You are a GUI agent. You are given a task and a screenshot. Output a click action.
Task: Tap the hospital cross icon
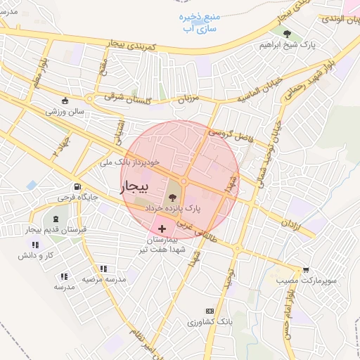point(163,228)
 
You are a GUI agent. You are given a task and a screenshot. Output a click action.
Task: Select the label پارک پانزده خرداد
point(173,209)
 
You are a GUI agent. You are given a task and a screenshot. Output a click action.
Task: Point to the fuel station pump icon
point(75,187)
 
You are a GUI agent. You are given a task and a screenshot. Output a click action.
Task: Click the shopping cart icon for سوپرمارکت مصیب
point(305,269)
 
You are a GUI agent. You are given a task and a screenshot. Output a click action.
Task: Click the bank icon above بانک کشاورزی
point(209,311)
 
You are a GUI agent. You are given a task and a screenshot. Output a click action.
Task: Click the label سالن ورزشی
point(65,111)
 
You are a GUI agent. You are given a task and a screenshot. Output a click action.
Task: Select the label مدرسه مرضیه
point(104,279)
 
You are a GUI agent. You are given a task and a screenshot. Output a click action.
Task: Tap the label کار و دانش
point(37,255)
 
